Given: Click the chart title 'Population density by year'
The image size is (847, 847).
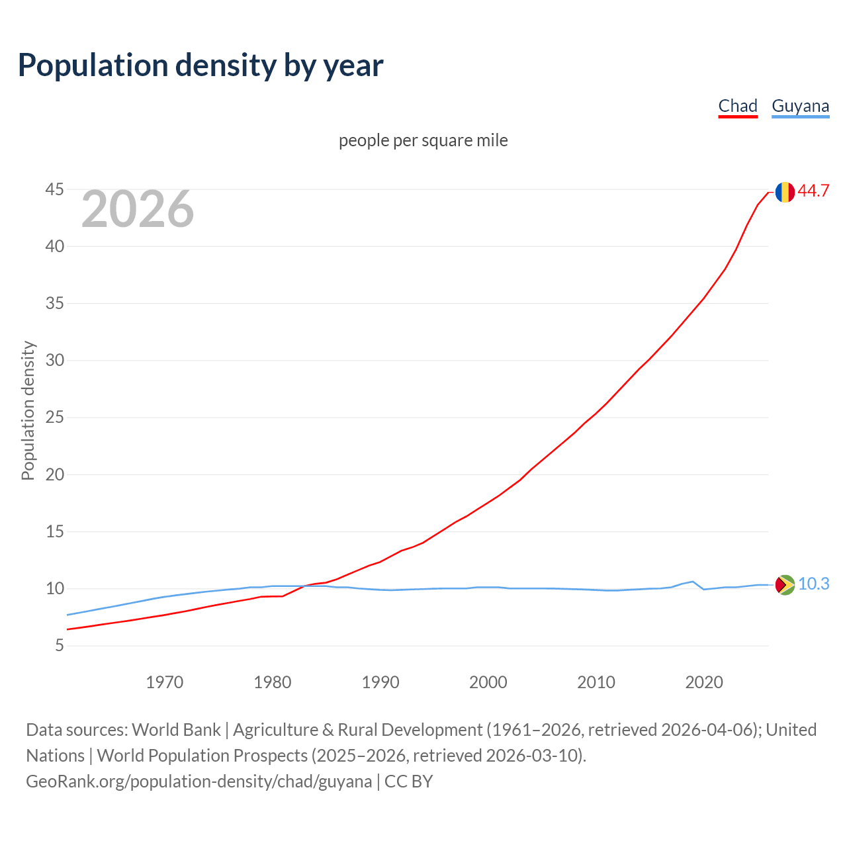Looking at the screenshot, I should tap(201, 65).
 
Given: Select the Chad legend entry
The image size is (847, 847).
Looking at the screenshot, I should tap(738, 106).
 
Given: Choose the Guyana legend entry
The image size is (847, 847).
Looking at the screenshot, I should tap(800, 106).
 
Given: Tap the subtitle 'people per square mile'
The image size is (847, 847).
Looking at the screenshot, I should tap(423, 140).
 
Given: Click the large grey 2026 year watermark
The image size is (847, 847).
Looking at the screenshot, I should tap(138, 209).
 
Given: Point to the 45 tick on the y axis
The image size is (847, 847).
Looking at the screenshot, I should tap(55, 190).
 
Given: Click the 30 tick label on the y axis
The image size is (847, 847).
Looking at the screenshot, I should tap(55, 361).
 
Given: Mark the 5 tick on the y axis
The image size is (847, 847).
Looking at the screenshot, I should tap(60, 645).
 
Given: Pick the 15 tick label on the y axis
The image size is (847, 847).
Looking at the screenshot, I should tap(55, 531).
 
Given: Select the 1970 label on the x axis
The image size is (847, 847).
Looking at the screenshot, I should tap(164, 682).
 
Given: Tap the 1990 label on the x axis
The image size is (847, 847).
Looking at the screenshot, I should tap(380, 682).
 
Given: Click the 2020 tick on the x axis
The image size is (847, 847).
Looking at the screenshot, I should tap(704, 682).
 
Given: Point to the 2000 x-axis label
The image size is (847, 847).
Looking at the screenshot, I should tap(488, 682).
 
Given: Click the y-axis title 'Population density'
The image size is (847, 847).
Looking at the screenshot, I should tap(28, 410).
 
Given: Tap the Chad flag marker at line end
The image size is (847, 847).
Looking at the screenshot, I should tap(785, 192).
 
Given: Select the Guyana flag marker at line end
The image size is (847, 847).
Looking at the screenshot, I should tap(785, 584).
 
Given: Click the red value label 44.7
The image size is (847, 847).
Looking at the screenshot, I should tap(813, 191).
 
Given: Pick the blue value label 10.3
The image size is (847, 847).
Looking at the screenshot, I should tap(813, 584).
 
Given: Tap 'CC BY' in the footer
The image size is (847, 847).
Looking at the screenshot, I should tap(408, 781).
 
